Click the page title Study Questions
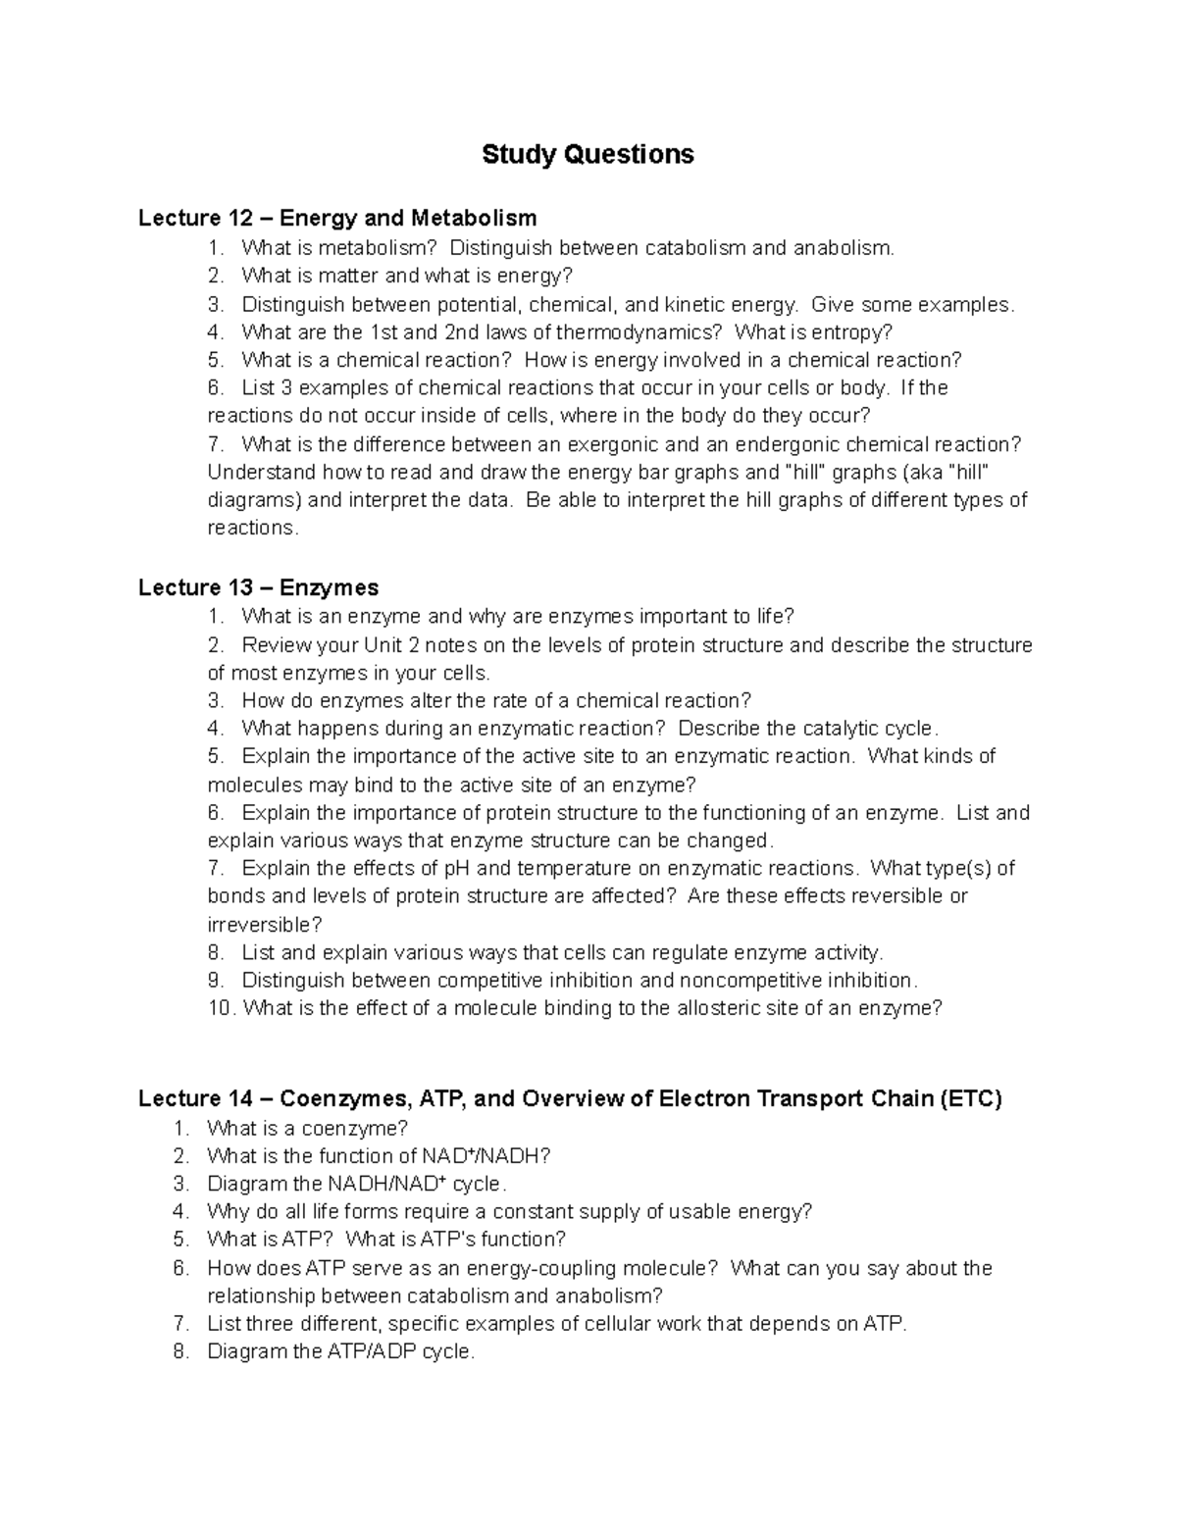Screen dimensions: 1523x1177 [x=588, y=155]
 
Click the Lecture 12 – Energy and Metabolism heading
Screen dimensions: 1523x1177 [x=337, y=218]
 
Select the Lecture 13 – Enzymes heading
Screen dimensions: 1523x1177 [x=258, y=587]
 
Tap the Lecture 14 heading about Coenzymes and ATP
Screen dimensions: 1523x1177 [x=569, y=1098]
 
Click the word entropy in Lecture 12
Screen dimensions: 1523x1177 [x=850, y=332]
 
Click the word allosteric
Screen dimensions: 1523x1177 [x=717, y=1008]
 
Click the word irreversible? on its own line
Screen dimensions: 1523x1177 [x=265, y=925]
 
